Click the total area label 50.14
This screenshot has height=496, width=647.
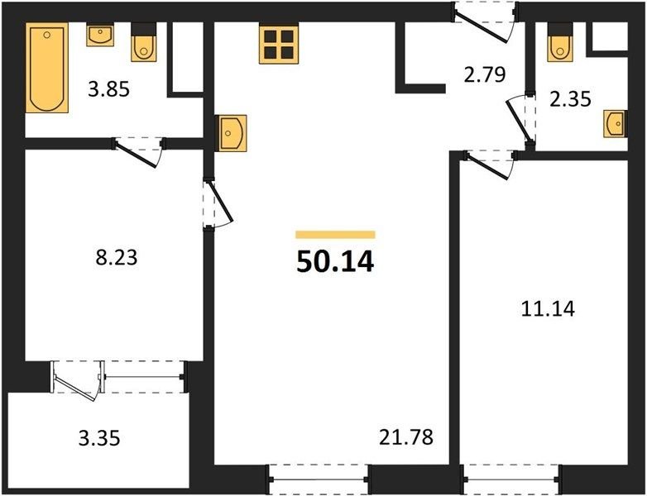click(x=335, y=262)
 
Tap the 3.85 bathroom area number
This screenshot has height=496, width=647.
click(x=109, y=89)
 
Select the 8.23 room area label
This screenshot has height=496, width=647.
click(x=117, y=258)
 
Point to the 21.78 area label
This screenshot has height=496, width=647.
click(x=406, y=437)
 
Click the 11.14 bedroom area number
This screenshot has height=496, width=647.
click(x=548, y=308)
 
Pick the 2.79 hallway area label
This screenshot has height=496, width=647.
click(x=485, y=75)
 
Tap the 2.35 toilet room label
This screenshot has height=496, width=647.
click(x=571, y=99)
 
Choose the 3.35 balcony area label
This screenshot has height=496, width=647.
click(x=99, y=438)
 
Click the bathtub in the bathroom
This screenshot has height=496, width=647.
click(x=46, y=67)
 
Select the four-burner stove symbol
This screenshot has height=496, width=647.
click(x=279, y=44)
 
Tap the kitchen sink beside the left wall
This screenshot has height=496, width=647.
click(x=232, y=133)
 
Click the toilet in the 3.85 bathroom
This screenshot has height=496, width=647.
click(x=144, y=42)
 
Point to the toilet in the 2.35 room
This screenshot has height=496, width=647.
click(x=560, y=42)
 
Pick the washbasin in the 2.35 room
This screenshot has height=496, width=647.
click(x=616, y=123)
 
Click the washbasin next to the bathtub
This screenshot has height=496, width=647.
click(x=100, y=34)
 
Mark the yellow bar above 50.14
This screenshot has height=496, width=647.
click(x=335, y=235)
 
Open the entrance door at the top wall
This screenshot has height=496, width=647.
click(x=485, y=21)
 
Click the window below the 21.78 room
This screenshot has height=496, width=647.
click(x=319, y=479)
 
